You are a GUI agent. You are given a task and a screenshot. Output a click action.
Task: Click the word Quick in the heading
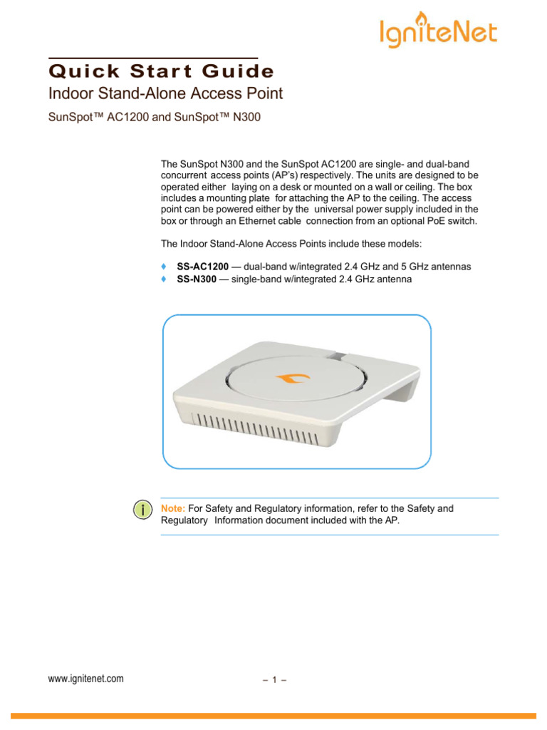76,71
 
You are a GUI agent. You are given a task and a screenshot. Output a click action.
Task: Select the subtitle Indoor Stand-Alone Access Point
165,93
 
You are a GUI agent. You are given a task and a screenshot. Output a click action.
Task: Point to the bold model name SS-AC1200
203,266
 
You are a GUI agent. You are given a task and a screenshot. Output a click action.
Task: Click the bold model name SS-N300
196,279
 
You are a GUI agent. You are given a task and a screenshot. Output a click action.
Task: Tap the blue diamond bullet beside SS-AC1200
165,266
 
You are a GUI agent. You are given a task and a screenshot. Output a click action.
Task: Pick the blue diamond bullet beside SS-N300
165,279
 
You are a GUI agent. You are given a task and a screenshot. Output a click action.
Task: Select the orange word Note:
173,508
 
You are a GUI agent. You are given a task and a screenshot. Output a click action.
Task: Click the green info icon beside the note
143,510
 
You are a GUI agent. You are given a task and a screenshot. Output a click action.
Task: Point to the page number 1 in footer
273,680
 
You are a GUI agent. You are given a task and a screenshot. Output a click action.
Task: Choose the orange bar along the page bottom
273,716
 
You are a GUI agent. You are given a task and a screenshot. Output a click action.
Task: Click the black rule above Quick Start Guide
153,58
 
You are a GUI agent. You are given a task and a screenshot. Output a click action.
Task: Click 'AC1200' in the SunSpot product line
122,118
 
